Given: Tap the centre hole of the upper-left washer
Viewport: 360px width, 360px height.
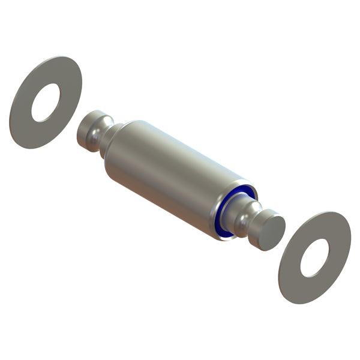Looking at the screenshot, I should [46, 102].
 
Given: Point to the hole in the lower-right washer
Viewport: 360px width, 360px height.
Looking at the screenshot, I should [314, 258].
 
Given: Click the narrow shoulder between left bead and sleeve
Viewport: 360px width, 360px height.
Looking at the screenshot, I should [110, 139].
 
